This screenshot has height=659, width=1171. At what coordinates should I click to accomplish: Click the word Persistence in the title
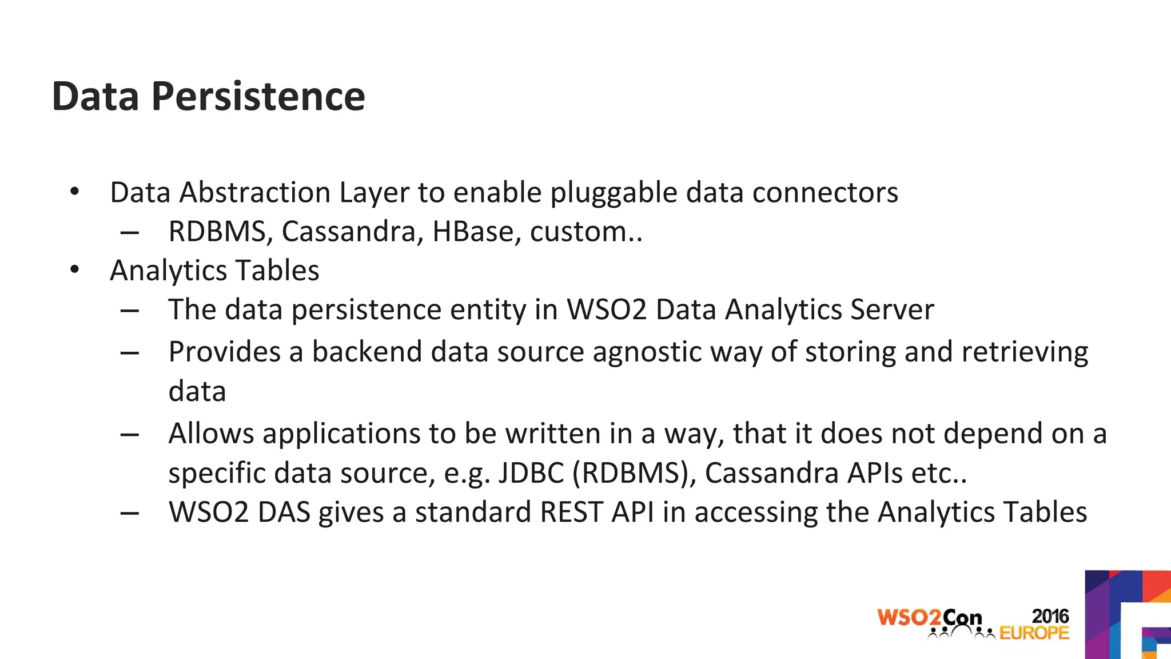coord(258,96)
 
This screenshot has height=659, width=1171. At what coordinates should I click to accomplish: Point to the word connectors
coord(825,192)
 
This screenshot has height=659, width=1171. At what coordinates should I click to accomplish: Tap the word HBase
coord(472,232)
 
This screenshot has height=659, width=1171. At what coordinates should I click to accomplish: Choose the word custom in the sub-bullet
coord(577,232)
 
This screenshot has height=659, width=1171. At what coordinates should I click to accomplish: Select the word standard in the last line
coord(473,512)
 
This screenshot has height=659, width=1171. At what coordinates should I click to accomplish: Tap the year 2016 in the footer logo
coord(1050,616)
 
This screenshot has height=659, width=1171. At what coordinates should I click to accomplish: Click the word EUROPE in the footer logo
coord(1034,633)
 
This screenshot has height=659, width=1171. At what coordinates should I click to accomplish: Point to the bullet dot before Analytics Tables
coord(74,269)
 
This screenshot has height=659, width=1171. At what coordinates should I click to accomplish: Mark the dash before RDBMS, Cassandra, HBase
coord(130,232)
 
